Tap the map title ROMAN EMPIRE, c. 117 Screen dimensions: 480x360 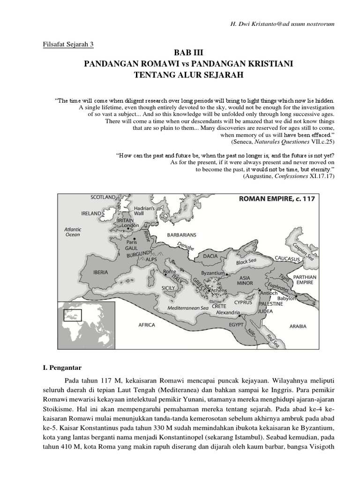pyautogui.click(x=277, y=199)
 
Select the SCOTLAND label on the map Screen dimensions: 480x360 pyautogui.click(x=103, y=198)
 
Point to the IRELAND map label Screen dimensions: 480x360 pyautogui.click(x=91, y=213)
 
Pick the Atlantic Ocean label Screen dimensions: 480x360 pyautogui.click(x=73, y=232)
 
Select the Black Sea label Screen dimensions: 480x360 pyautogui.click(x=247, y=262)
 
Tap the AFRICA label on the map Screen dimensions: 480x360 pyautogui.click(x=147, y=324)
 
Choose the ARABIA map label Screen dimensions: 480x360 pyautogui.click(x=298, y=326)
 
